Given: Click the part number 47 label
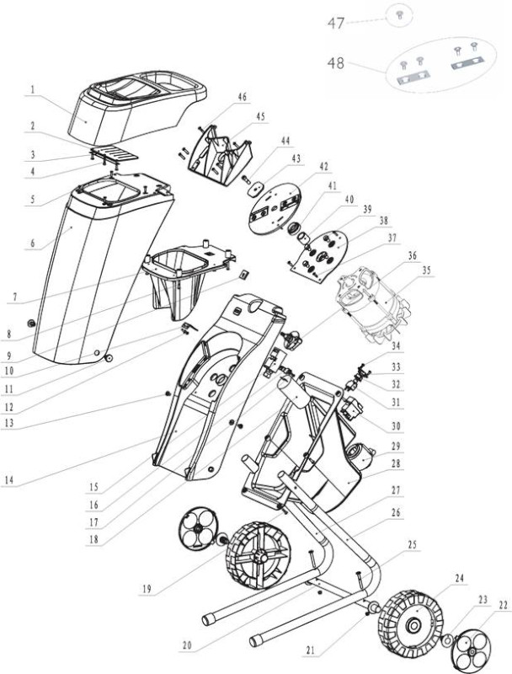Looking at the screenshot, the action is point(336,23).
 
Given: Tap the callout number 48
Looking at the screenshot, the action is point(336,63).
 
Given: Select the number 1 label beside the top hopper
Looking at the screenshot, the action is point(33,90).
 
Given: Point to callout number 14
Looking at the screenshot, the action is point(9,479).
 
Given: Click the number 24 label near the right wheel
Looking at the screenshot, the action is point(460,578).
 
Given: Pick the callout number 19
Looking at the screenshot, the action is point(147,588).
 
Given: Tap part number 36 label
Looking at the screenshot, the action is point(412,255).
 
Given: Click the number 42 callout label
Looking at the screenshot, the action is point(324,166).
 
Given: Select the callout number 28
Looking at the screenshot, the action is point(396,464).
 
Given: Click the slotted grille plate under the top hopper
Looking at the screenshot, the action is point(115,152).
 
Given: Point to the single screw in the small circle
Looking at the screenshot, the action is point(399,15).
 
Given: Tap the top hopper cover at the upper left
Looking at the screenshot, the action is point(137,109).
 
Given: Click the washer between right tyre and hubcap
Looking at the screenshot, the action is point(447,640).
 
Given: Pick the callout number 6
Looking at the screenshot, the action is point(33,243).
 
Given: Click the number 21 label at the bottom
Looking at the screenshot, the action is point(311,650).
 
